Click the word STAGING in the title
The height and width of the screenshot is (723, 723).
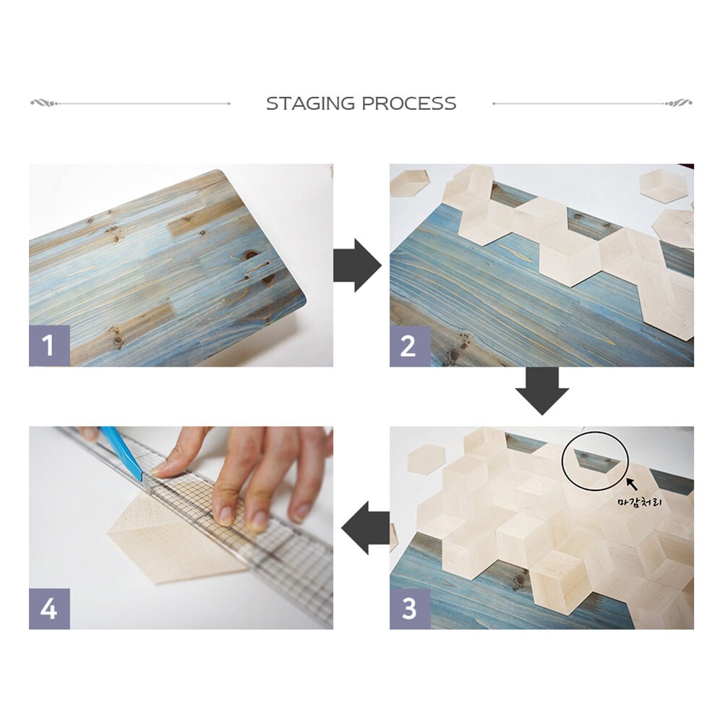[x=310, y=103]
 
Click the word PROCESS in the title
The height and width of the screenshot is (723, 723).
[x=409, y=103]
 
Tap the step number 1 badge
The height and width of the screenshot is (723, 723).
[x=49, y=346]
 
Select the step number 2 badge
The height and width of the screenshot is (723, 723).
[x=410, y=346]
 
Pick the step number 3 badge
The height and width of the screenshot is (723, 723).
[x=410, y=608]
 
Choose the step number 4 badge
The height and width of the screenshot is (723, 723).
[x=49, y=608]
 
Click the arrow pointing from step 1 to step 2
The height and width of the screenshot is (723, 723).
[x=357, y=265]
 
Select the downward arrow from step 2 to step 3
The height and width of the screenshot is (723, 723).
[x=542, y=391]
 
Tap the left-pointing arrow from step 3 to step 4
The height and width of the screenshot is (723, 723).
[x=365, y=528]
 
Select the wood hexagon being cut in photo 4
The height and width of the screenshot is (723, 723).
[x=178, y=540]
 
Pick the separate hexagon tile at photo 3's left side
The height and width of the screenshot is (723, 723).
[x=427, y=458]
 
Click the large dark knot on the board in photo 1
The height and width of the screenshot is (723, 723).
[x=252, y=255]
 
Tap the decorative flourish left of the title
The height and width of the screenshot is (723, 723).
[x=45, y=103]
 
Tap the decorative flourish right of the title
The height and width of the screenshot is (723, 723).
[x=678, y=103]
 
